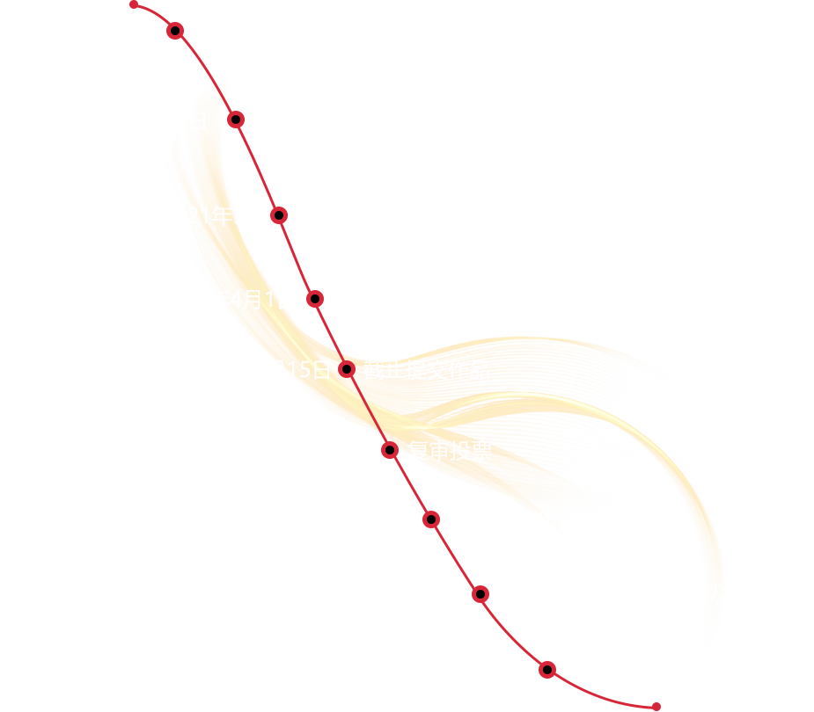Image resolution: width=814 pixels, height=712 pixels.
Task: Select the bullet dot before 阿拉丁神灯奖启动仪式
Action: [175, 31]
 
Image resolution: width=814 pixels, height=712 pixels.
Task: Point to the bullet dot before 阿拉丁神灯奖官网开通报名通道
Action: [236, 120]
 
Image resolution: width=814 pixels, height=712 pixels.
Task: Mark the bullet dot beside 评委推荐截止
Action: [315, 300]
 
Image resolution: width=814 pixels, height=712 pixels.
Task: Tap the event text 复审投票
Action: [450, 451]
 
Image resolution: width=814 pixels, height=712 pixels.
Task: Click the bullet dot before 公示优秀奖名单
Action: [431, 519]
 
